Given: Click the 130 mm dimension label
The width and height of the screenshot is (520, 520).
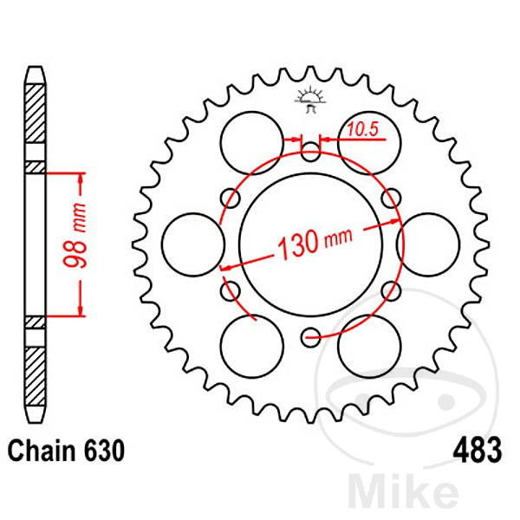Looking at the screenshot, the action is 315,242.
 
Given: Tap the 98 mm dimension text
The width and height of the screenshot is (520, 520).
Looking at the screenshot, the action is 75,236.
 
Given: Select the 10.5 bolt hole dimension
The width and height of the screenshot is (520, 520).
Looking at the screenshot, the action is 363,129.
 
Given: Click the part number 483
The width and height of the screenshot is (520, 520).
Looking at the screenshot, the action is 478,451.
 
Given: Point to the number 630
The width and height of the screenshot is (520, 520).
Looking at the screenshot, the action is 104,451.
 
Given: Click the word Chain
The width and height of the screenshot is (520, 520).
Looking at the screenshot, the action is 42,451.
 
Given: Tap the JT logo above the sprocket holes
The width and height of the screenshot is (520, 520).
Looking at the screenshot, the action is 309,99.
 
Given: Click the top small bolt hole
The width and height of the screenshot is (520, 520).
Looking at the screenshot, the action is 310,153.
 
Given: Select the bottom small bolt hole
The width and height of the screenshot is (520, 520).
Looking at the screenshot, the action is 310,337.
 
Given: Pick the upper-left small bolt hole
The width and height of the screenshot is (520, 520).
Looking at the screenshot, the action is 231,198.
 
